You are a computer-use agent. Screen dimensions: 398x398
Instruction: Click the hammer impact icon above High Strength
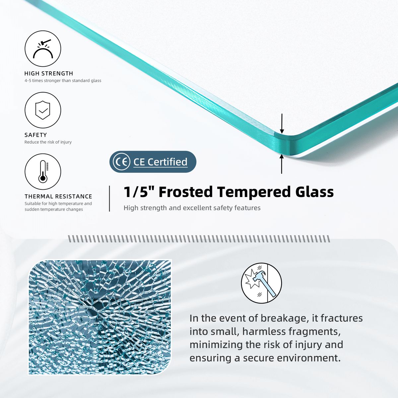(43, 49)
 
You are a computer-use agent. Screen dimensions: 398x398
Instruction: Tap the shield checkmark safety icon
(43, 110)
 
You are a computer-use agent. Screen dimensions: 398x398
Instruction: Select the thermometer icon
(43, 171)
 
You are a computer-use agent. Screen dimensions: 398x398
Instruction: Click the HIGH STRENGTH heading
(49, 74)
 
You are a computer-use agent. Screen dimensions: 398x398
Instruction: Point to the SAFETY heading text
(36, 135)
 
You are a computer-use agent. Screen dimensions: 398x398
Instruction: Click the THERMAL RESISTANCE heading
(58, 196)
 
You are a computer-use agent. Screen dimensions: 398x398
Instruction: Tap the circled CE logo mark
(121, 162)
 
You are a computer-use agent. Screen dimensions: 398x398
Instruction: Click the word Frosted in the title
(186, 192)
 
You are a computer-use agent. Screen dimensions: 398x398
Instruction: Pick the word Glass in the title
(314, 192)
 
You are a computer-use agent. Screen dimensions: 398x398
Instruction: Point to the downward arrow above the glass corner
(282, 123)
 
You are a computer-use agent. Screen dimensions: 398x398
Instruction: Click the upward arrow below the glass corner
(282, 164)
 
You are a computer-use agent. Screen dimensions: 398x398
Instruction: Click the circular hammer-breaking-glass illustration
(261, 283)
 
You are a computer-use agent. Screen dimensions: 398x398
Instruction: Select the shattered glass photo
(100, 317)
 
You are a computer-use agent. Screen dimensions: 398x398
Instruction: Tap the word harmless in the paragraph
(264, 331)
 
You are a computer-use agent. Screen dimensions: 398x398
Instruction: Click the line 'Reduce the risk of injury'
(48, 142)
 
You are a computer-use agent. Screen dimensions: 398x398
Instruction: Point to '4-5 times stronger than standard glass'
(63, 81)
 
